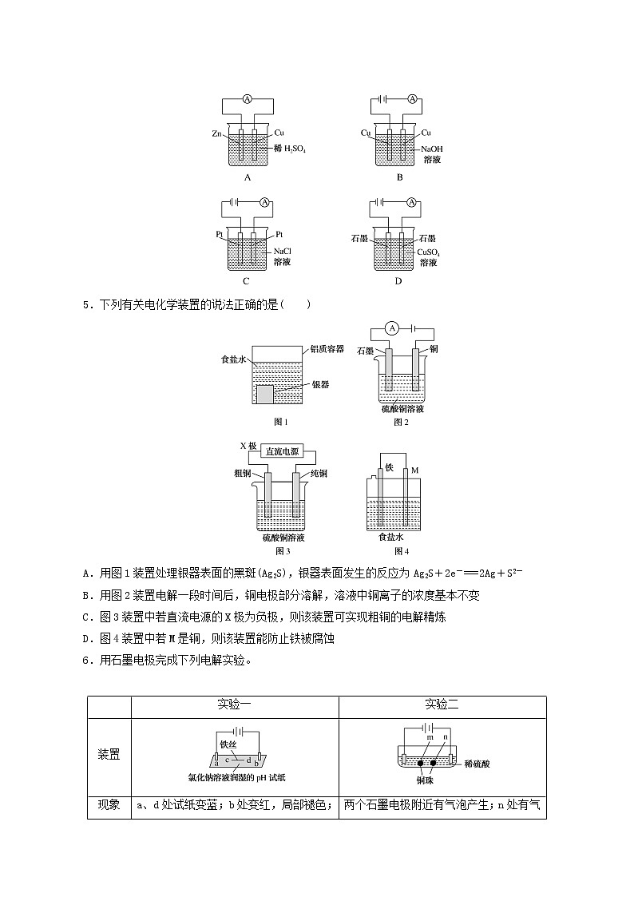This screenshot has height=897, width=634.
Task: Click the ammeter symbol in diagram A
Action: pyautogui.click(x=248, y=99)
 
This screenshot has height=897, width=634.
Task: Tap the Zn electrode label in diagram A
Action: pyautogui.click(x=216, y=133)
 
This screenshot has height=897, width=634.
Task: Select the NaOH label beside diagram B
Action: pyautogui.click(x=431, y=149)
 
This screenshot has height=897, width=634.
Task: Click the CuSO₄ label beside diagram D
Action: pyautogui.click(x=429, y=252)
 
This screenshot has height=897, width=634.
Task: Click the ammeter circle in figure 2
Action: pyautogui.click(x=392, y=327)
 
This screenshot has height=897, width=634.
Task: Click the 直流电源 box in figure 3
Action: pyautogui.click(x=283, y=452)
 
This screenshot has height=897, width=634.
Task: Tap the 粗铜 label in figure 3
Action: pyautogui.click(x=243, y=474)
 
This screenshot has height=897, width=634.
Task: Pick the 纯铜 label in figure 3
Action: pyautogui.click(x=317, y=474)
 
